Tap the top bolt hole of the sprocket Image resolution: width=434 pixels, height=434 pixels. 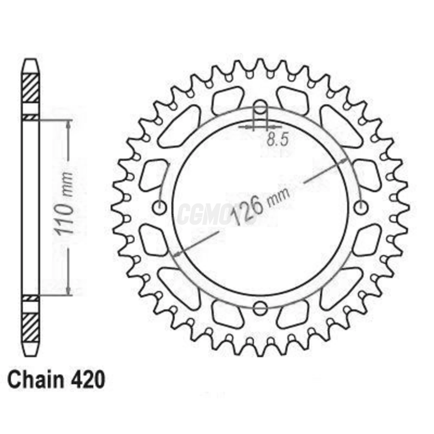point(260,105)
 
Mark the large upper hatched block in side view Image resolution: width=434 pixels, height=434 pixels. point(31,88)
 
